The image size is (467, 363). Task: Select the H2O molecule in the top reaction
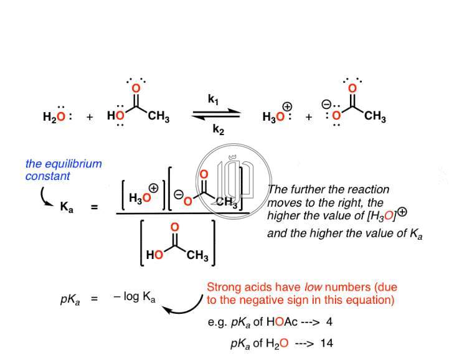coord(57,116)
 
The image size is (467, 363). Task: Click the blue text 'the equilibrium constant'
coord(63,170)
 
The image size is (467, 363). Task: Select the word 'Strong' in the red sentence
coord(221,288)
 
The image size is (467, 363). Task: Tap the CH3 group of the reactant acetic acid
coord(159,116)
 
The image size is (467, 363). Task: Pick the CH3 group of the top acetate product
coord(375,116)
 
